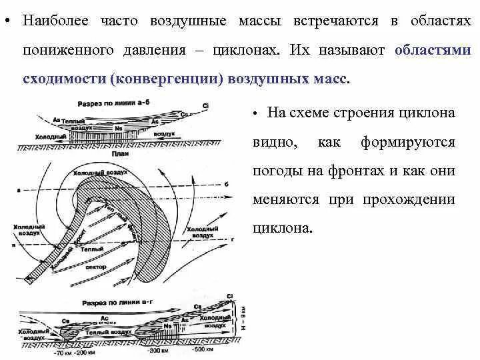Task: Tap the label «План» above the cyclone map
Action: [120, 154]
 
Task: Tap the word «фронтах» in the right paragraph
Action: [352, 171]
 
